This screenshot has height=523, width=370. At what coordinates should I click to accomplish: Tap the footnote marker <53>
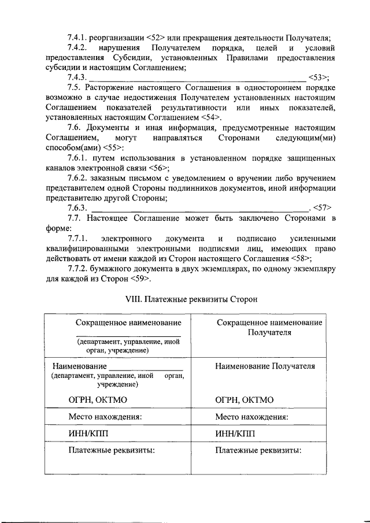[319, 77]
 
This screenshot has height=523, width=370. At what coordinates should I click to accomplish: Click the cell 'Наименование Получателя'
[265, 366]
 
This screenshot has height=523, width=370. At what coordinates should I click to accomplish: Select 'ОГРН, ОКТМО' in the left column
[98, 399]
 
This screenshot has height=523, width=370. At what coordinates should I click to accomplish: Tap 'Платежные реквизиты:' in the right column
[258, 451]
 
